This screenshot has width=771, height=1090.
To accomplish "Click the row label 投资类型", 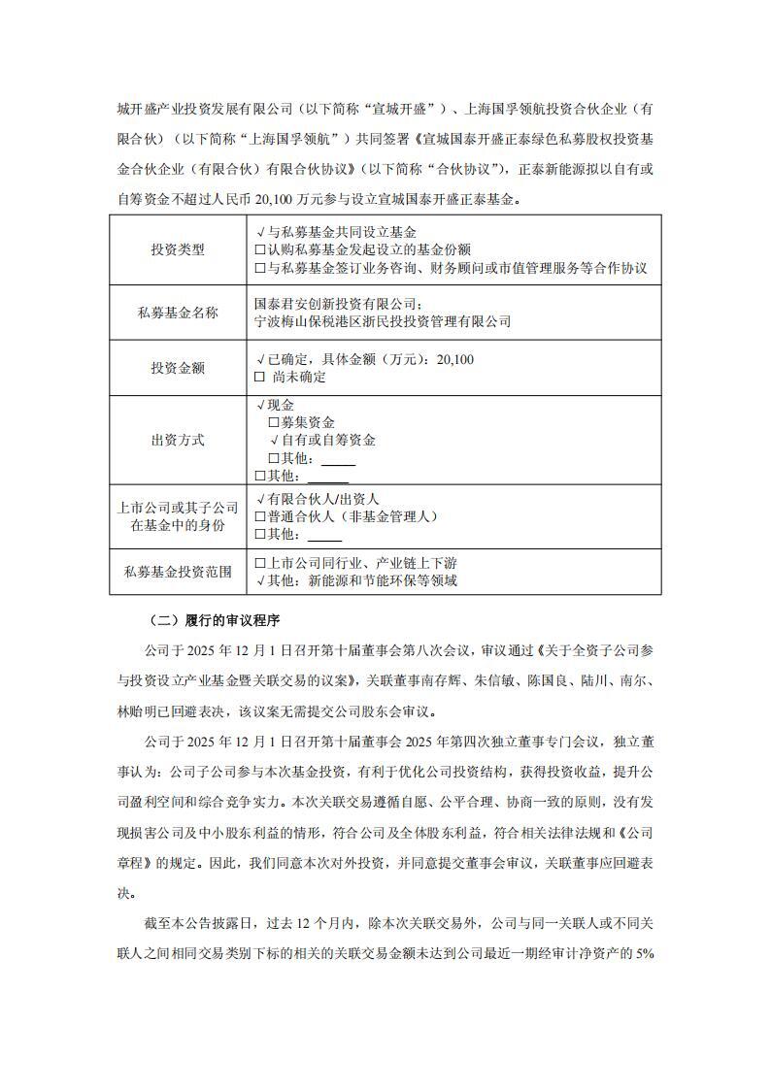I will click(178, 249).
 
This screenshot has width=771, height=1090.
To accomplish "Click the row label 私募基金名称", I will click(178, 313).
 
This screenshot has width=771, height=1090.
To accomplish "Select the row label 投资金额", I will click(178, 368).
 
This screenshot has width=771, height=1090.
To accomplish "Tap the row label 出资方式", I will click(178, 440).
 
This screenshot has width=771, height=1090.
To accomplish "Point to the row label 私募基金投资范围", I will click(178, 572).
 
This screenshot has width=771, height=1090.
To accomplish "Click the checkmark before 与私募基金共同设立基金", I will click(259, 233).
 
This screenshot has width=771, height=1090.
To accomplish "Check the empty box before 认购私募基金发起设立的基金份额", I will click(259, 250).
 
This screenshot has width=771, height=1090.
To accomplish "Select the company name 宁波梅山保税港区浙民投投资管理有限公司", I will click(382, 321).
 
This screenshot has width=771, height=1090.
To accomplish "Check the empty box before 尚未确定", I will click(259, 377).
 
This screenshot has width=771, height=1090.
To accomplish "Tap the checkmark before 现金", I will click(259, 405).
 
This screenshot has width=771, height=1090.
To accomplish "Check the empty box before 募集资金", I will click(273, 423).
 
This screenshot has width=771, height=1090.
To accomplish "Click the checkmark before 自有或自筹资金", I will click(274, 441).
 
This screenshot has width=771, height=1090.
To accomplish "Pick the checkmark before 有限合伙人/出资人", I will click(259, 498).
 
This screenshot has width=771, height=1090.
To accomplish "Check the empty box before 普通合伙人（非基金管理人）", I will click(259, 516).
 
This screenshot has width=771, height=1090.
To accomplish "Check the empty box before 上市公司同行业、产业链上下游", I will click(259, 563).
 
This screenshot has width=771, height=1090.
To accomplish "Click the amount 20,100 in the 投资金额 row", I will click(456, 359).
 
